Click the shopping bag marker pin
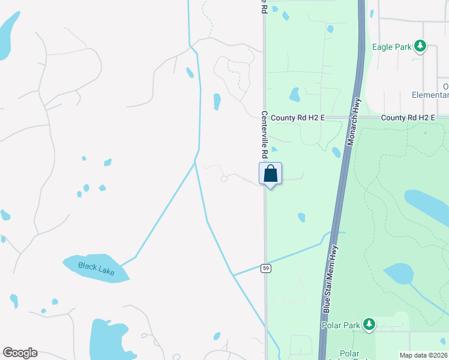(x=271, y=174)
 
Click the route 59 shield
(x=266, y=268)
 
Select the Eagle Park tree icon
(x=420, y=46)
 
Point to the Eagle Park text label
(x=391, y=47)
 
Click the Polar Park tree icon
(x=369, y=325)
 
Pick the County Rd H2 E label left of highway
(x=297, y=118)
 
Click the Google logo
(x=20, y=353)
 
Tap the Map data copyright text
(x=424, y=355)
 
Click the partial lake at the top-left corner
(x=7, y=36)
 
